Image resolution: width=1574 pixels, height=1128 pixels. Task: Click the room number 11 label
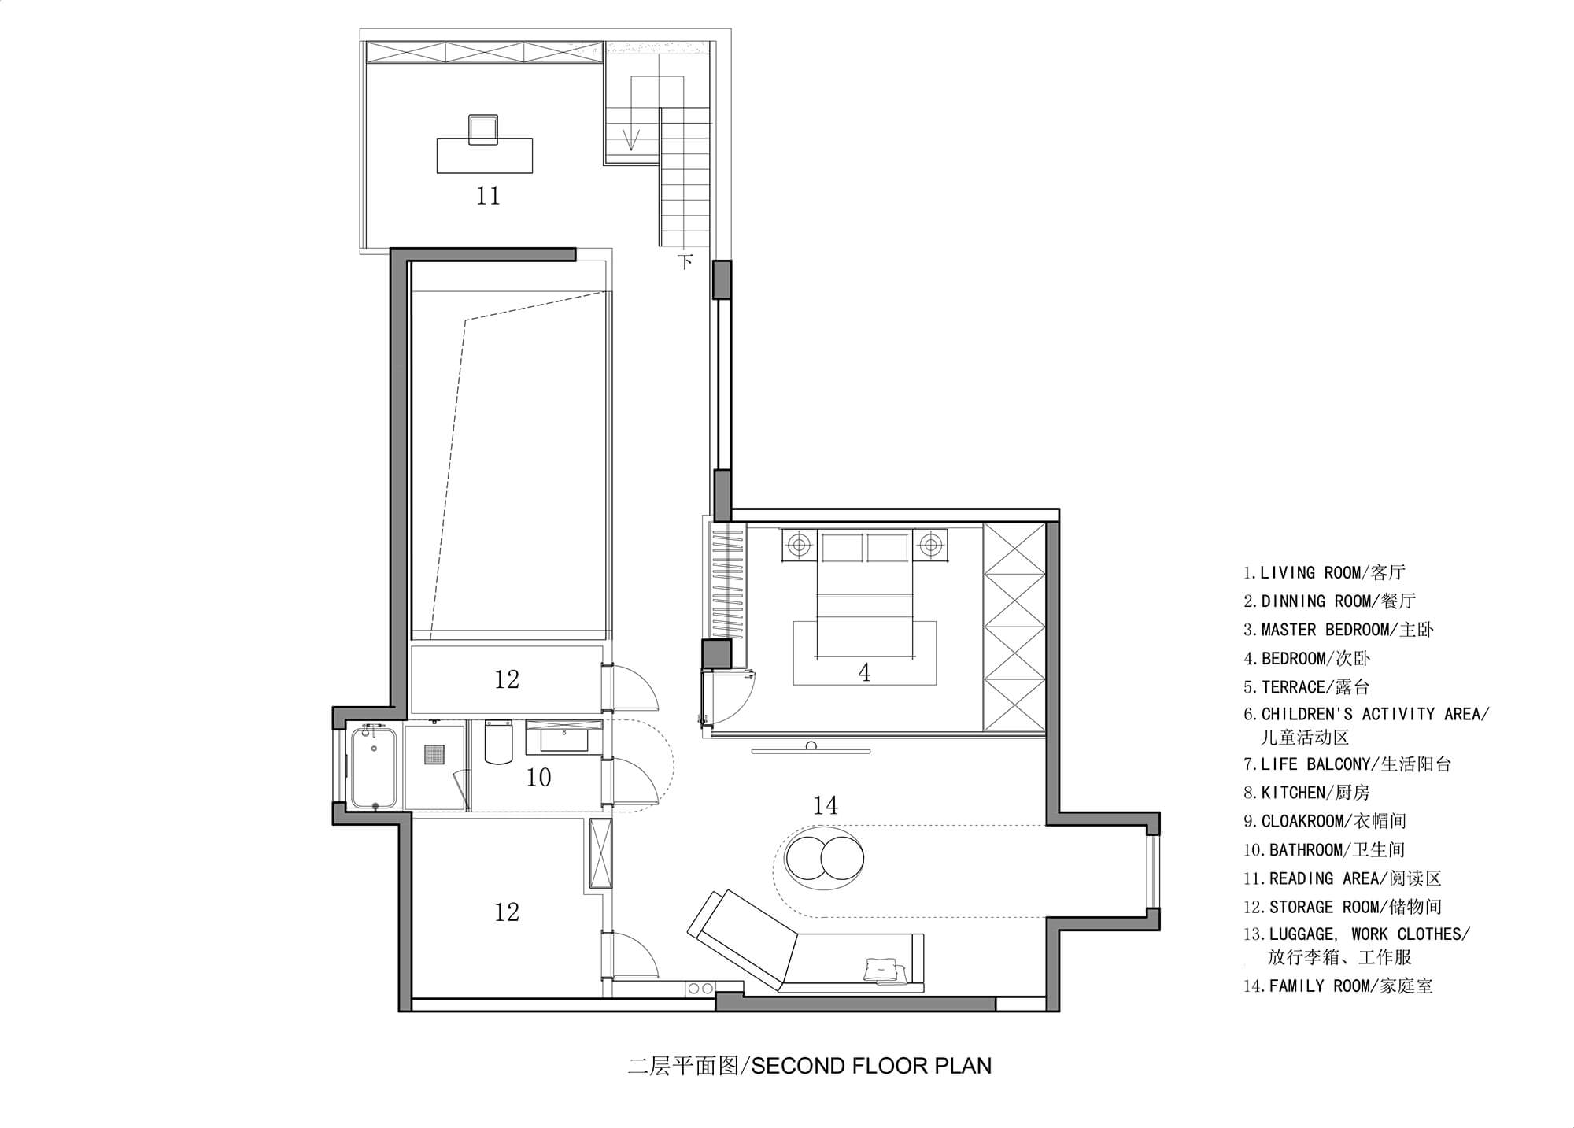[488, 195]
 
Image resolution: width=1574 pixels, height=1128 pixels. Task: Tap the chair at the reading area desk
[482, 129]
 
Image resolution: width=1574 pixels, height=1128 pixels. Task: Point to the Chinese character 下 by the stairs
[685, 261]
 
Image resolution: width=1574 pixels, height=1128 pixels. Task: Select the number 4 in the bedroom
[864, 672]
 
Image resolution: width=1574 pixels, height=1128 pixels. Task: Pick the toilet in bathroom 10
[499, 742]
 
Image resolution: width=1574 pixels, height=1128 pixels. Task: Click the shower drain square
[434, 755]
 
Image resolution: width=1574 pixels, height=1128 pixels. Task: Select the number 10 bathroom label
[538, 778]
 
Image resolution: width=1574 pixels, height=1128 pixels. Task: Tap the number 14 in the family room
[825, 805]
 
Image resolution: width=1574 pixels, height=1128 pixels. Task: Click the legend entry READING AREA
[1343, 878]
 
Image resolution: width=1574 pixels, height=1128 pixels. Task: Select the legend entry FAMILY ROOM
[1338, 986]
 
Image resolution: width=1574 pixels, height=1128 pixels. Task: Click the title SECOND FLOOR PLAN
[871, 1066]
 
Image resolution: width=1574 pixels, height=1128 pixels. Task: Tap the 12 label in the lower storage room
[507, 912]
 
